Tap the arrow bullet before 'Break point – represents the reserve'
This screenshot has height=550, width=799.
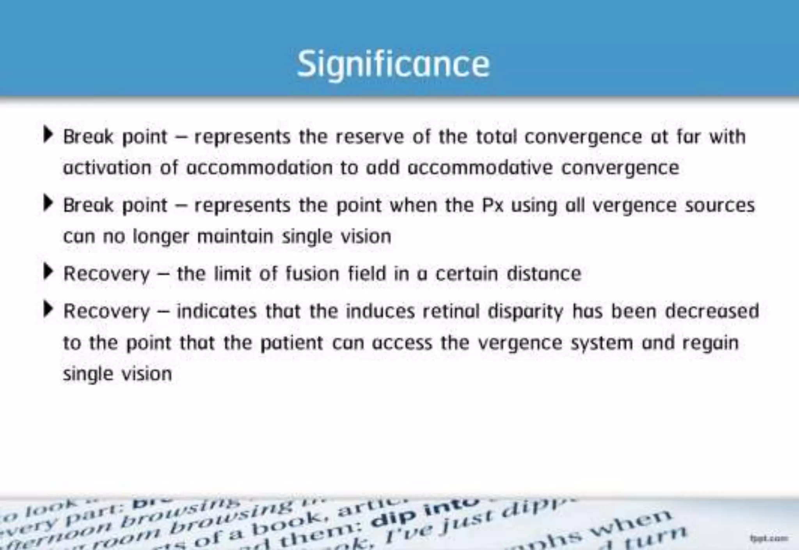coord(48,135)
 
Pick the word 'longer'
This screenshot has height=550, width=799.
coord(161,237)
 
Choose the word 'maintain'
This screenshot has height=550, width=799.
coord(235,237)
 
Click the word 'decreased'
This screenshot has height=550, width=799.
coord(712,311)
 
